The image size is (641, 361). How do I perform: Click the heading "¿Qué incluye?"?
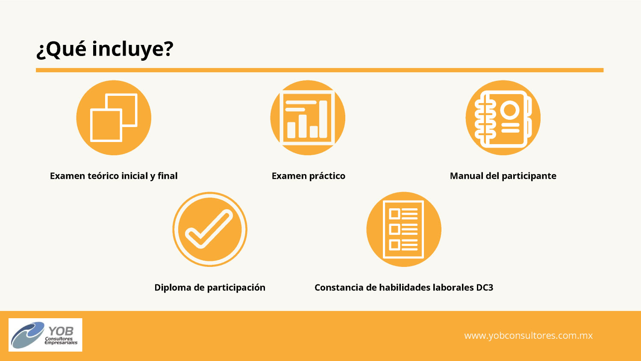(x=105, y=49)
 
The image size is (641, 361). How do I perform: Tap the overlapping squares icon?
(x=114, y=118)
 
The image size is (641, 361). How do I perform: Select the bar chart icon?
(x=308, y=118)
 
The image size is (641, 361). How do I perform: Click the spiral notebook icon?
(x=503, y=118)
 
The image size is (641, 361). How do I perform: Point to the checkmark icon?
(x=210, y=229)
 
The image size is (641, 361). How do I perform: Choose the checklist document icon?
(x=404, y=229)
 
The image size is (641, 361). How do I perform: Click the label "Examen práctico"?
(x=309, y=176)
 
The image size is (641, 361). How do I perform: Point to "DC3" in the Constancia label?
(x=485, y=287)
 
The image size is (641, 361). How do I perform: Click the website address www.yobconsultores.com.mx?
(x=528, y=335)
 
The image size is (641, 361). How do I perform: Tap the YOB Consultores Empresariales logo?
(x=45, y=335)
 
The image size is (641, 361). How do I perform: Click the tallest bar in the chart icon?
(x=323, y=119)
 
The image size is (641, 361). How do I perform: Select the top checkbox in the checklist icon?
(x=394, y=214)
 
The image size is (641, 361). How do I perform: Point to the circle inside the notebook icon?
(x=510, y=110)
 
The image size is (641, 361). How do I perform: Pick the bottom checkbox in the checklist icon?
(x=394, y=245)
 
